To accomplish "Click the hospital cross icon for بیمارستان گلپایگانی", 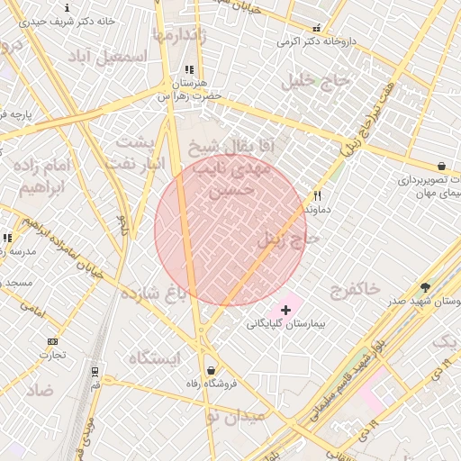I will pos(286,310).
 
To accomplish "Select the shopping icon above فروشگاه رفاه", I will pos(211,370).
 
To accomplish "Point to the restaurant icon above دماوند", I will pos(317,195).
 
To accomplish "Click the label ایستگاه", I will pos(154,358).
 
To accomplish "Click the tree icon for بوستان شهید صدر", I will pos(425,287).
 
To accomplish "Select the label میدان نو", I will pos(236,416).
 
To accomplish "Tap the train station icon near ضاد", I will pos(95,371).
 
